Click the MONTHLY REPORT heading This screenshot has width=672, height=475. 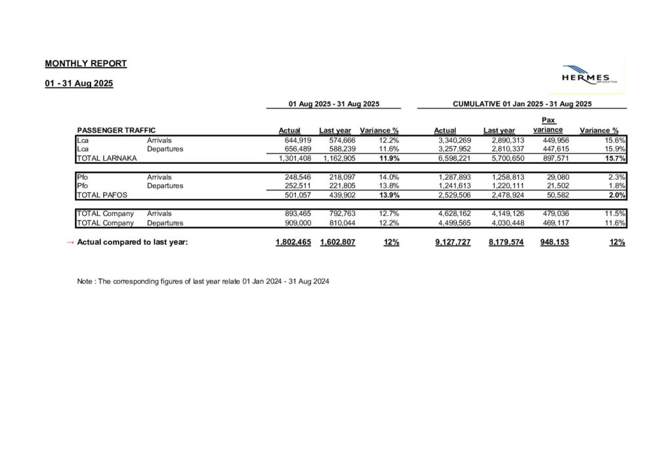pos(85,64)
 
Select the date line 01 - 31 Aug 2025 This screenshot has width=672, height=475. pos(79,83)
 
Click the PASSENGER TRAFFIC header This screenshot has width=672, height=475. pos(116,131)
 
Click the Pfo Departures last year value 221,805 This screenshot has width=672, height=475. pos(341,186)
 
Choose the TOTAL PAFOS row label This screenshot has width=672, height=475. pos(102,195)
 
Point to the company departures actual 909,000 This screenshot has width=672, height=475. pos(289,222)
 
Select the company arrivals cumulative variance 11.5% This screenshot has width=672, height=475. pos(615,213)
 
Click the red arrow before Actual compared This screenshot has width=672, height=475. pos(70,242)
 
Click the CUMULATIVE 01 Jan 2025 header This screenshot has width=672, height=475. pos(522,104)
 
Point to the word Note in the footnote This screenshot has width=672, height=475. pos(85,281)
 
